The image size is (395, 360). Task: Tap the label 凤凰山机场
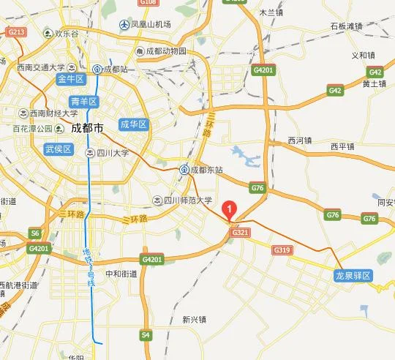click(x=151, y=25)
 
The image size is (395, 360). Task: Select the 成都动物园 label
click(x=165, y=52)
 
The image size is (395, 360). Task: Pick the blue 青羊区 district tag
click(x=83, y=101)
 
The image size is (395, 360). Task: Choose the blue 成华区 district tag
click(x=134, y=124)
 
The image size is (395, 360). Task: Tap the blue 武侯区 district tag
click(x=58, y=149)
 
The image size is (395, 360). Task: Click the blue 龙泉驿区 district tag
click(x=353, y=275)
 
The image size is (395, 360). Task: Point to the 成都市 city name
click(x=88, y=128)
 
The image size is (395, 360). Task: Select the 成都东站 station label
click(x=206, y=170)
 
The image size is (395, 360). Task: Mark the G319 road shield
click(x=282, y=250)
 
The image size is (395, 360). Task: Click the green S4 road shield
click(x=146, y=335)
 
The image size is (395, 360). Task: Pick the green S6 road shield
click(x=34, y=233)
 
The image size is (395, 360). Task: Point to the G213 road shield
click(x=16, y=32)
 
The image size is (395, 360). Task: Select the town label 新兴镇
click(x=195, y=319)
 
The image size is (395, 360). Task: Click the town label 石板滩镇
click(x=346, y=26)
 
